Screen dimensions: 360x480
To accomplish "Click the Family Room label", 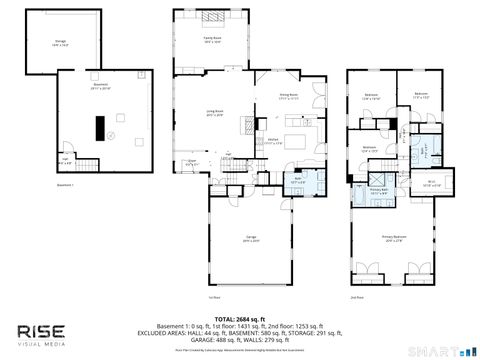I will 212,41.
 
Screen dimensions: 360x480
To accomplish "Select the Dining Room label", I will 289,96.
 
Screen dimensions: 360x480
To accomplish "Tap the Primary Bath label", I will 379,190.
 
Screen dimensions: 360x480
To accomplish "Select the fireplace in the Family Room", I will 212,17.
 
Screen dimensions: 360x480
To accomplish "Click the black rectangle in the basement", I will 99,128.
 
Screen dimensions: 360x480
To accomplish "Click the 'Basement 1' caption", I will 66,185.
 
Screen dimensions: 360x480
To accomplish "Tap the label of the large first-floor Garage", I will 249,238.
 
